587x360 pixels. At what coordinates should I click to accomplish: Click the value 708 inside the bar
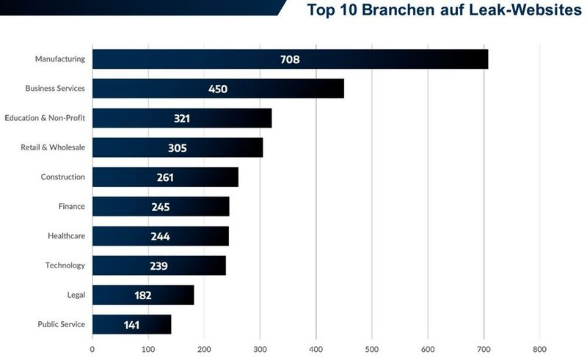290,59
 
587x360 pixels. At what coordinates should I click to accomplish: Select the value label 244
160,236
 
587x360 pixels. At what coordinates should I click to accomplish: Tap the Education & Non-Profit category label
45,117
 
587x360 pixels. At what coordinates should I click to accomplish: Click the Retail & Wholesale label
53,147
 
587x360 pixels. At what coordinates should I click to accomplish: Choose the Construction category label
63,177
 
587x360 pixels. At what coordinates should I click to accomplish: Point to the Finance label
72,206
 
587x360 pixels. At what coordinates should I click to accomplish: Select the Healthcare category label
66,235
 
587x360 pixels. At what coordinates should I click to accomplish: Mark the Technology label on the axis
65,265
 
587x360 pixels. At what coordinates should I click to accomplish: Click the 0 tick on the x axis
92,350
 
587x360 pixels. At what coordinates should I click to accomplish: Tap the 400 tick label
316,350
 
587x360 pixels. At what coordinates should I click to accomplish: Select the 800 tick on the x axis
539,350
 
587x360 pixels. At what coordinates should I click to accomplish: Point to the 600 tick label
428,350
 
